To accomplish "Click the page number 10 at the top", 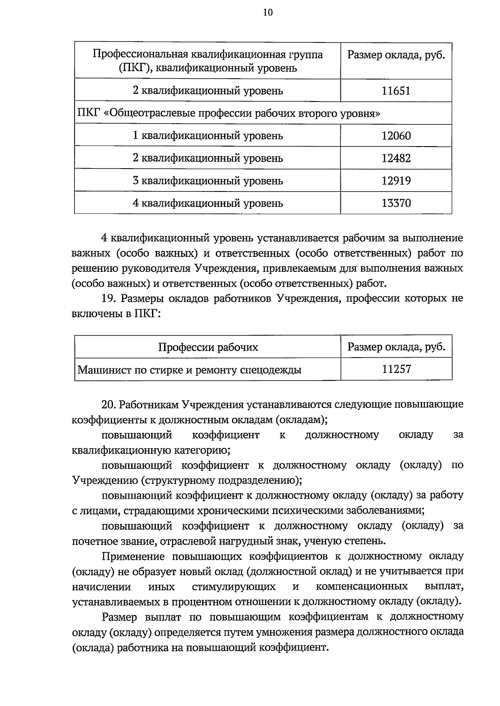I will click(267, 13).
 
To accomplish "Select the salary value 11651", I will click(396, 91).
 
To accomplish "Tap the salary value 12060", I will click(396, 136).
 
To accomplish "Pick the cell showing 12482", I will click(396, 158).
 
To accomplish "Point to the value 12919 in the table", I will click(396, 181).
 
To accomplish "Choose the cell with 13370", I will click(396, 203).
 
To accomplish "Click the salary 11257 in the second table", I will click(396, 369).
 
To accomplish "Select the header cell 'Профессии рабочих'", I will click(208, 347).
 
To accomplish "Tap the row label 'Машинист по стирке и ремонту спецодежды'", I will click(190, 370).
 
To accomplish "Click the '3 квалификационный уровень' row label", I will click(208, 181).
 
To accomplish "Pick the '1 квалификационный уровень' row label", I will click(208, 136).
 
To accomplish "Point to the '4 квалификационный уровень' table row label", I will click(208, 203).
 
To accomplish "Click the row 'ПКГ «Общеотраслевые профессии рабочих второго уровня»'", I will click(229, 113).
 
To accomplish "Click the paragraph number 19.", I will click(109, 298).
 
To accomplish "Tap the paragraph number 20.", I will click(109, 405).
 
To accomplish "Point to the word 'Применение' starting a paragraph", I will click(134, 557).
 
